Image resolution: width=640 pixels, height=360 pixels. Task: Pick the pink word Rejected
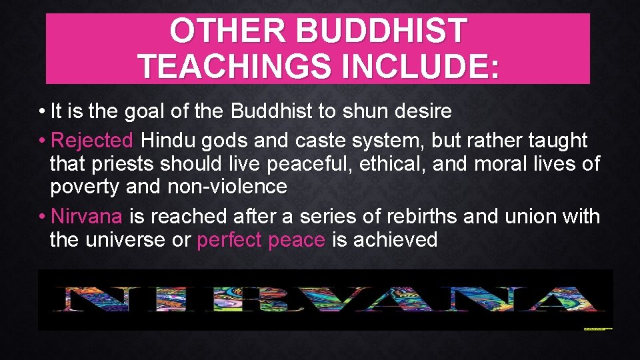pos(93,141)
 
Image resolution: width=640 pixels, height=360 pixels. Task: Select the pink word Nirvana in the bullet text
pos(87,217)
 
